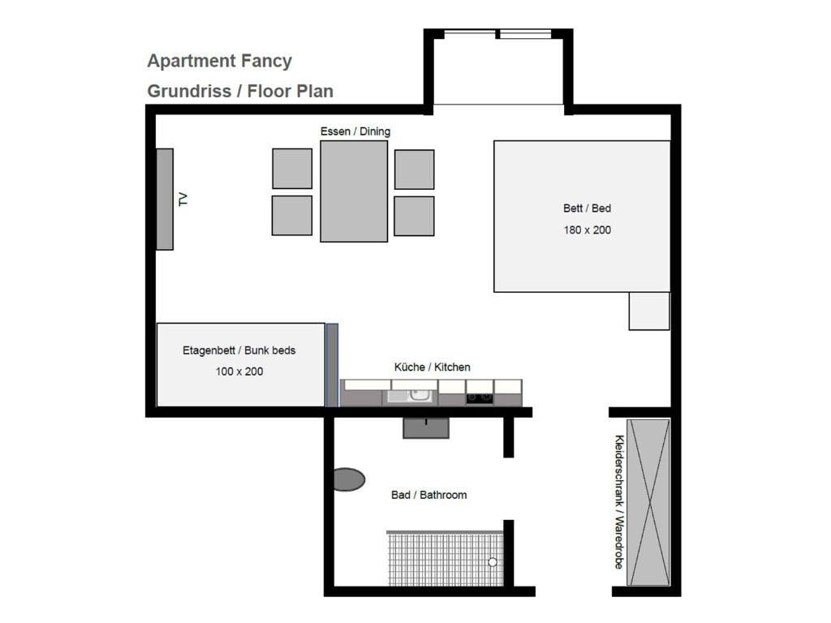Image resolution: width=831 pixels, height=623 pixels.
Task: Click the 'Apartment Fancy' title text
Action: click(219, 62)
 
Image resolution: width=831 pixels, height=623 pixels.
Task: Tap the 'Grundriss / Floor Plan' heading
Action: click(240, 91)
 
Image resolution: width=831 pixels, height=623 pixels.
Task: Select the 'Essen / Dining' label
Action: click(355, 131)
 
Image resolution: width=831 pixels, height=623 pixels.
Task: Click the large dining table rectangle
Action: click(354, 191)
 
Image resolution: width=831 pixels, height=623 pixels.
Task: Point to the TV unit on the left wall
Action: click(165, 200)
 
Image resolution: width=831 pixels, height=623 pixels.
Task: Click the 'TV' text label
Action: click(183, 200)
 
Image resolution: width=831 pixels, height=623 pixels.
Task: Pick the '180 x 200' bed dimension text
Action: click(588, 230)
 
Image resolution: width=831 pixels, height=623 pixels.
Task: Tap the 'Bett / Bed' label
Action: click(588, 208)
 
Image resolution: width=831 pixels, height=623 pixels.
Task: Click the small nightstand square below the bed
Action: click(649, 311)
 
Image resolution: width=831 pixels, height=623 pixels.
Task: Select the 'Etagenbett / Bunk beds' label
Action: click(239, 350)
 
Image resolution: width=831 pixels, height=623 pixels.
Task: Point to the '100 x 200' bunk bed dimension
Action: click(239, 372)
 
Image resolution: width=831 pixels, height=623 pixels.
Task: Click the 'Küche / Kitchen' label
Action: click(432, 367)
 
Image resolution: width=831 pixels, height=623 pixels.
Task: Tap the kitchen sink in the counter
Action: click(410, 396)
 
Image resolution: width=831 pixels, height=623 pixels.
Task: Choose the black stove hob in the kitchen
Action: click(480, 397)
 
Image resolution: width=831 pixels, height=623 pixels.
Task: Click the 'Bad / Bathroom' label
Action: click(428, 495)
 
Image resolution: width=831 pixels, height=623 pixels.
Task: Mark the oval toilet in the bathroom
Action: click(349, 479)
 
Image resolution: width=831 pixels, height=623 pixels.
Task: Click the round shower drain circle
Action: click(493, 562)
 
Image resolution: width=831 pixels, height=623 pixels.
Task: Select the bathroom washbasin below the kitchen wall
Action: click(426, 428)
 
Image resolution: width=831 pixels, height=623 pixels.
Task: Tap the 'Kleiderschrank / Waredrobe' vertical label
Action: click(619, 501)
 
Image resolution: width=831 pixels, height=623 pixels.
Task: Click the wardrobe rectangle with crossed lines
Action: click(648, 502)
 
